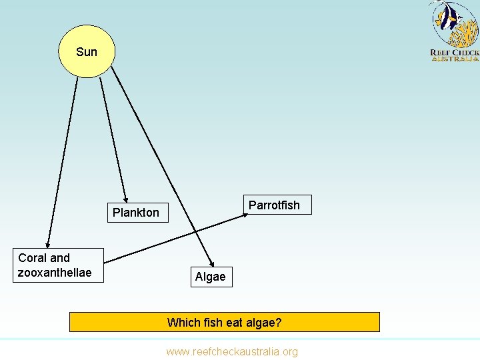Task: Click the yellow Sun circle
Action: pos(87,51)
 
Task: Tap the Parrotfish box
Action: pos(274,205)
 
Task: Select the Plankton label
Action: pos(136,213)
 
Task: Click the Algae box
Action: pos(211,276)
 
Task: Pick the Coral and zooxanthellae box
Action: pos(59,265)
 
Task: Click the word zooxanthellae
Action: pos(55,273)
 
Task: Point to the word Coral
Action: pos(33,258)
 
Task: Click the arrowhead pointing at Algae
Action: pos(213,263)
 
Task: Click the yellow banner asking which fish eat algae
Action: pos(224,322)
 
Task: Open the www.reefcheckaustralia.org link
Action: pos(232,351)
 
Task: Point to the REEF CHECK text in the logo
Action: pos(455,52)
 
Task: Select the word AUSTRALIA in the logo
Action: pos(455,59)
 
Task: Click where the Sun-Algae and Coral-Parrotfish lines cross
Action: pos(195,231)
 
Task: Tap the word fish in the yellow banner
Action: pos(212,323)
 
